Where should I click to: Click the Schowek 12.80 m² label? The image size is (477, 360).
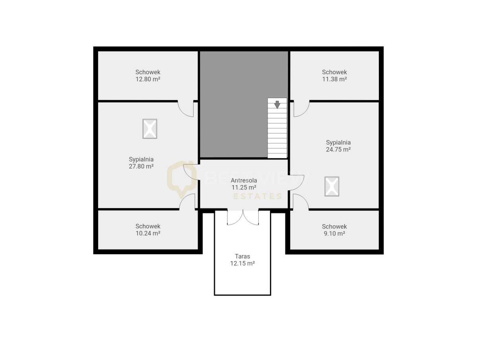tap(148, 75)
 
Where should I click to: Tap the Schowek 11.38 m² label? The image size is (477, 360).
tap(334, 75)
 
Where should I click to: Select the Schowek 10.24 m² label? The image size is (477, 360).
tap(148, 230)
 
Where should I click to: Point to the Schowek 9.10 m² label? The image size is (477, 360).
tap(334, 230)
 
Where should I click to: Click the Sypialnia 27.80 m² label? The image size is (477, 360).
tap(141, 163)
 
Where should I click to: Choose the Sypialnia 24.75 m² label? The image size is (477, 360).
tap(338, 146)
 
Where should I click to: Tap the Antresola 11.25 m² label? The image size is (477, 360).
tap(244, 184)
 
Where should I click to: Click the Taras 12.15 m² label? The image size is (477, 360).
tap(242, 259)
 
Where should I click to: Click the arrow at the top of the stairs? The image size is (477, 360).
tap(277, 105)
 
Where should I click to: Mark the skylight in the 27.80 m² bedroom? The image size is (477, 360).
tap(150, 129)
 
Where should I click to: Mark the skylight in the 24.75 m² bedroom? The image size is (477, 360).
tap(332, 186)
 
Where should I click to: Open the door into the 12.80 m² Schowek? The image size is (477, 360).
tap(186, 109)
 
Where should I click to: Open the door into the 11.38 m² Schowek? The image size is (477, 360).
tap(301, 109)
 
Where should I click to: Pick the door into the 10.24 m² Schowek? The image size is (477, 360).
tap(187, 201)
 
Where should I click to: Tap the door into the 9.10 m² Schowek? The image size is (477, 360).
tap(301, 201)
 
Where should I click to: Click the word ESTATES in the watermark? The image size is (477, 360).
tap(257, 196)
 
